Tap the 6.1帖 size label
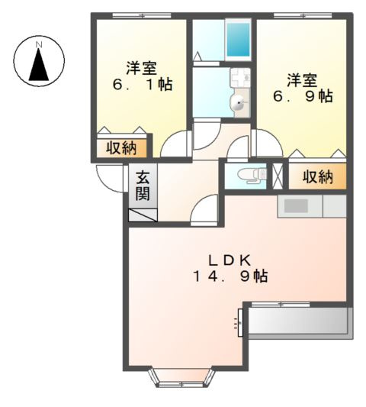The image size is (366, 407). (x=142, y=84)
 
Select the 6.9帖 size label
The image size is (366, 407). (x=303, y=96)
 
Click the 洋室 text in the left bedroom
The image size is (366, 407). (x=141, y=66)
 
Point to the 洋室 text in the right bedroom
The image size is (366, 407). (x=303, y=78)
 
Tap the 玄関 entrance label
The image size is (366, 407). (x=143, y=186)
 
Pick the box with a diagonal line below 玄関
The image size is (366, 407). (x=143, y=213)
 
